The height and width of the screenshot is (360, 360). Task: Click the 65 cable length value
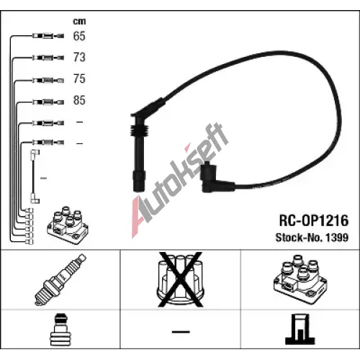point(79,36)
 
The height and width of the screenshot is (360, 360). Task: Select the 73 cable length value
point(79,58)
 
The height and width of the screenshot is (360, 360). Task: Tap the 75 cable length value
point(79,78)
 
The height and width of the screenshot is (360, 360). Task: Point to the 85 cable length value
point(79,100)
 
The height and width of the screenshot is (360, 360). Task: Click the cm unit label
point(79,22)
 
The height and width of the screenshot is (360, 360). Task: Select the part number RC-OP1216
point(314,220)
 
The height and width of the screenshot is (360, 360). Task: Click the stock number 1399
point(337,238)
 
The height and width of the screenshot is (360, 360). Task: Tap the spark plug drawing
point(60,279)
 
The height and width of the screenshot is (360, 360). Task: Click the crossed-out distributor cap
point(180,279)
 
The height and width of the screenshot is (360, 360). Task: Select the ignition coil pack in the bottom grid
point(300,279)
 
